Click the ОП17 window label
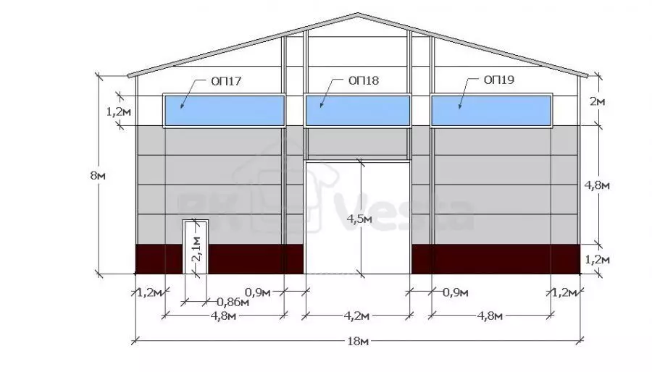pos(226,81)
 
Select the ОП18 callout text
pos(364,80)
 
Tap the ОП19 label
pos(499,80)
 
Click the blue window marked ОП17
pos(225,111)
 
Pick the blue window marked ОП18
pos(358,111)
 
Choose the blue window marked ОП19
pos(491,111)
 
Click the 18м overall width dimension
pos(358,342)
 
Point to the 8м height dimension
pos(98,176)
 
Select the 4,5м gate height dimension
pos(359,219)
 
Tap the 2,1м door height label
pos(196,248)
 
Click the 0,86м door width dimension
pos(233,302)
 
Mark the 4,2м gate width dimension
pos(356,316)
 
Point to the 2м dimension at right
pos(597,101)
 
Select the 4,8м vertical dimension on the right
pos(597,185)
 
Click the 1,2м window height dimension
pos(119,111)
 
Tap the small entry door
pos(196,247)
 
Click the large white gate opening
pos(358,218)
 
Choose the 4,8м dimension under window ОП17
pos(223,316)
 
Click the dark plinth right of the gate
pos(496,259)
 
